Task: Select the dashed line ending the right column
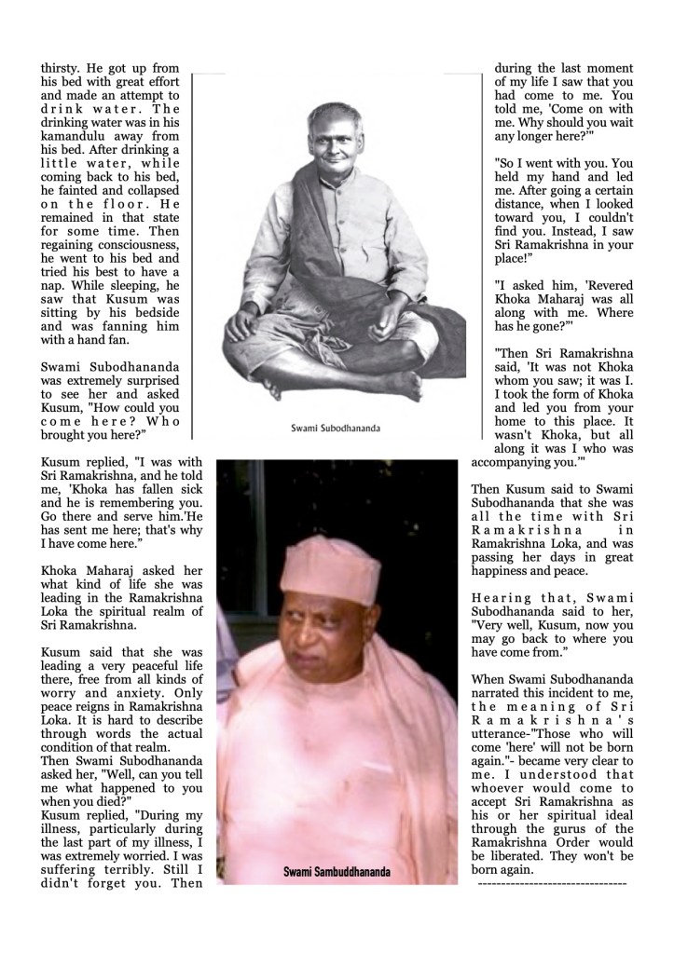[552, 882]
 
